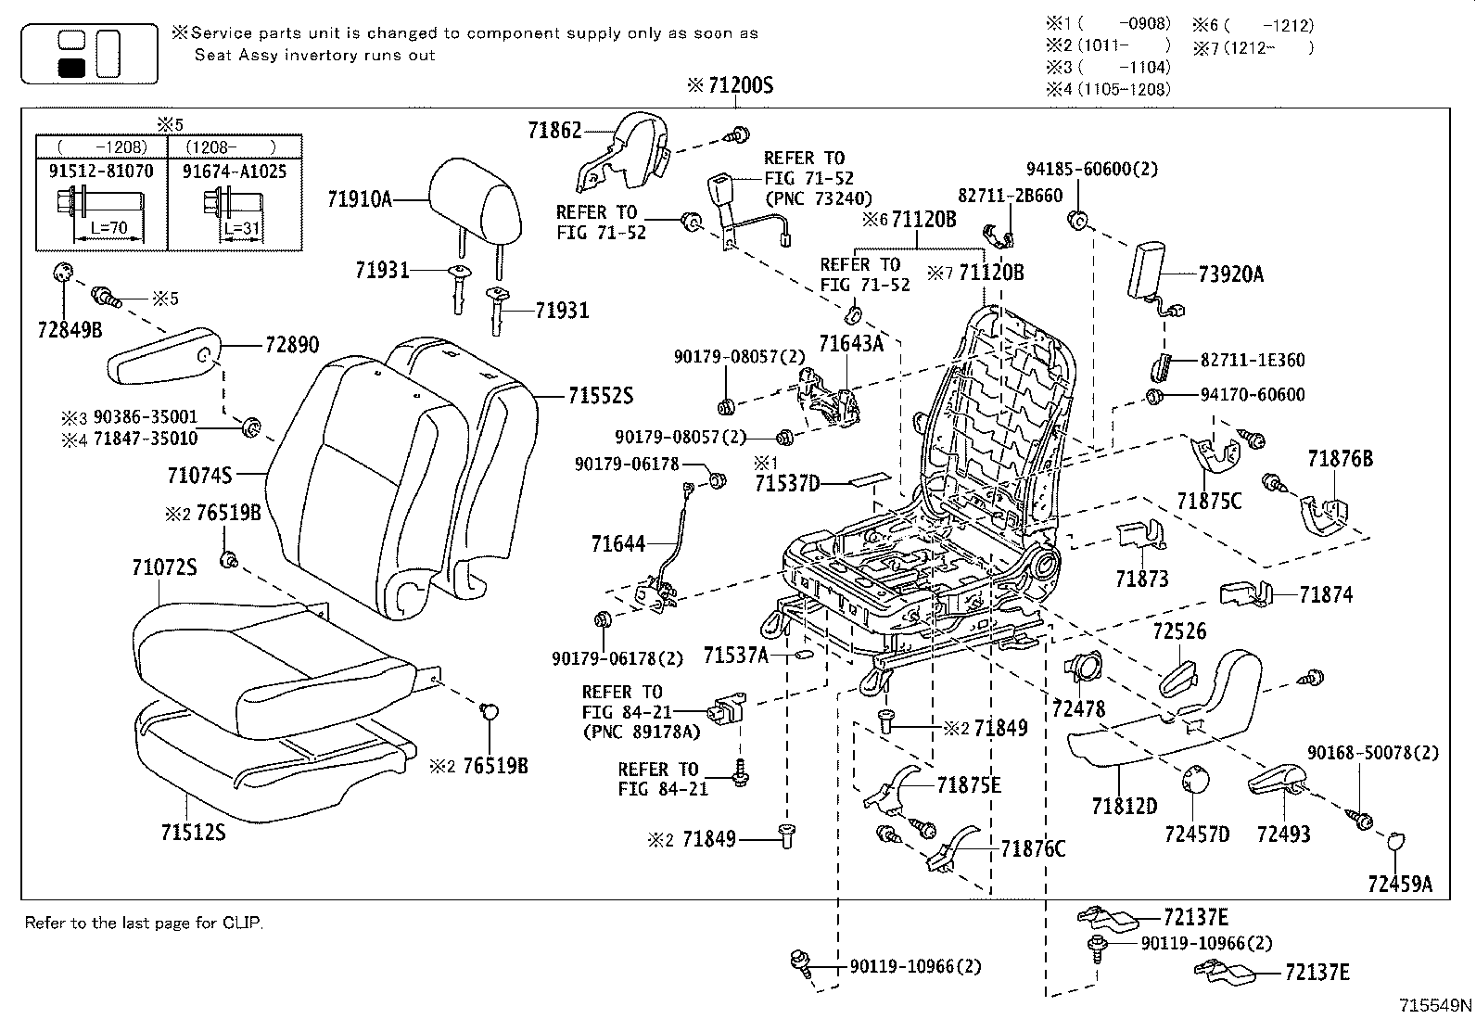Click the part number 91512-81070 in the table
(x=101, y=172)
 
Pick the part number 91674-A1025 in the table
(x=235, y=172)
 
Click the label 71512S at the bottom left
(x=192, y=832)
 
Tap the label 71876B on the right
(x=1340, y=459)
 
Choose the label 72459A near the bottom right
(x=1399, y=884)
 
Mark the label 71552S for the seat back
(x=601, y=396)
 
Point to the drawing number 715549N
(x=1435, y=1005)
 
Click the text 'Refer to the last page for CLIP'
(x=144, y=923)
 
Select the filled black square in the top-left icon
(x=71, y=67)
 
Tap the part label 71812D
(x=1124, y=806)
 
